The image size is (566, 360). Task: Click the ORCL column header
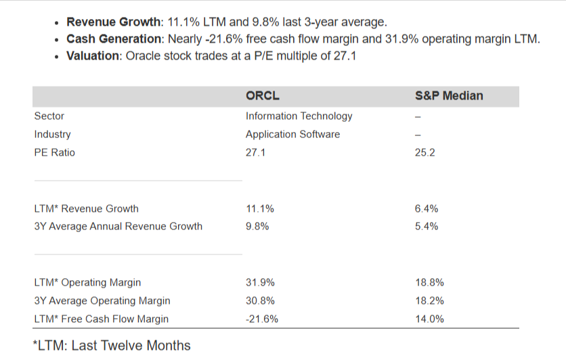tap(262, 96)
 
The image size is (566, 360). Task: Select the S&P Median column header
tap(448, 96)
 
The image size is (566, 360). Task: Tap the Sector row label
tap(49, 116)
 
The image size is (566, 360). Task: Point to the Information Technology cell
tap(299, 116)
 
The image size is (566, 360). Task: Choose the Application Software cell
tap(292, 134)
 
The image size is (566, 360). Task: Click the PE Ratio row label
tap(55, 152)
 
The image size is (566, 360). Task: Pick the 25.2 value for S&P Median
tap(424, 152)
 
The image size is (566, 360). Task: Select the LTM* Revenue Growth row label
tap(86, 208)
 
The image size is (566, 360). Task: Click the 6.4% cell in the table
tap(426, 208)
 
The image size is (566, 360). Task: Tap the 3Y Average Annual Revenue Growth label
tap(118, 226)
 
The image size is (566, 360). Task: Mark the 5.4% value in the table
tap(426, 226)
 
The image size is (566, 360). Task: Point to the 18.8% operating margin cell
tap(429, 282)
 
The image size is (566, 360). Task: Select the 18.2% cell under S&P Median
tap(429, 300)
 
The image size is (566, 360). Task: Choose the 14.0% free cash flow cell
tap(429, 319)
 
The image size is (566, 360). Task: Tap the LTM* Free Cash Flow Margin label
tap(101, 319)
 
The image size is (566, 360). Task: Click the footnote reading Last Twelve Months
tap(112, 345)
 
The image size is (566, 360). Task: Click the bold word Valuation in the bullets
tap(93, 56)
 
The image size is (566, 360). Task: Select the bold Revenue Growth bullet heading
tap(112, 22)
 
